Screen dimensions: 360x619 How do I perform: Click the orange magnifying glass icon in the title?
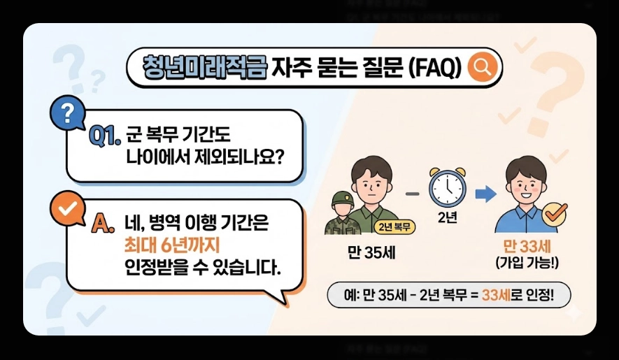(482, 67)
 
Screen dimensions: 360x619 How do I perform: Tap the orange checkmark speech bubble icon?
(67, 209)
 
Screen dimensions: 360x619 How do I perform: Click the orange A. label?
(102, 224)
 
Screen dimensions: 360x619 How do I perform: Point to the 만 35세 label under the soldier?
(371, 252)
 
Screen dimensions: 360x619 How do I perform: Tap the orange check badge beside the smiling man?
(555, 215)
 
